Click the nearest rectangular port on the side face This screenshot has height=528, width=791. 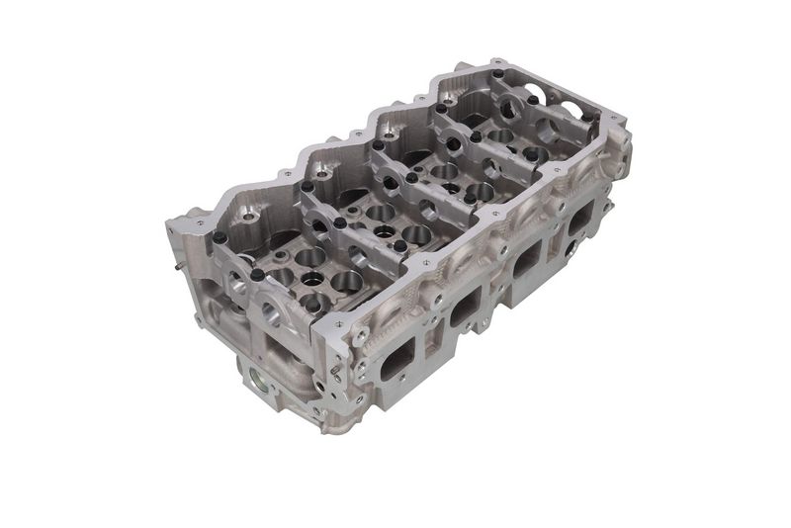pos(394,360)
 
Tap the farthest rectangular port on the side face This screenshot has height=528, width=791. pos(581,219)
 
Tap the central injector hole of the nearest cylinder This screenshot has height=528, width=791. pos(314,279)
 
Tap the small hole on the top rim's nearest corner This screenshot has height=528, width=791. pos(339,323)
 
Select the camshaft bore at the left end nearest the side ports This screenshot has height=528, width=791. pos(269,314)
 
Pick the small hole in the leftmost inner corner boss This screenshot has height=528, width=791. pos(248,216)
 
